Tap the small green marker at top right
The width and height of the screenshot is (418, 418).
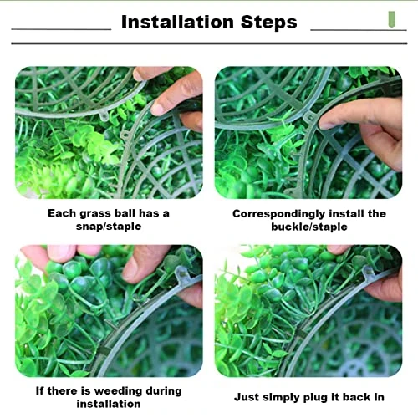[x=389, y=18]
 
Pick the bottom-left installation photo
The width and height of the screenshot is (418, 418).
[x=109, y=311]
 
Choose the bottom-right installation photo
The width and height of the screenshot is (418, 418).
[x=308, y=311]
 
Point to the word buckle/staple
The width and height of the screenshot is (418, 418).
[x=308, y=227]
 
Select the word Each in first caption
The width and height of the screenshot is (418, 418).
[x=62, y=214]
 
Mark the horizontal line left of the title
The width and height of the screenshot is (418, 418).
[x=61, y=31]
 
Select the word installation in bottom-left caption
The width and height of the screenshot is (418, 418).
[x=109, y=404]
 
